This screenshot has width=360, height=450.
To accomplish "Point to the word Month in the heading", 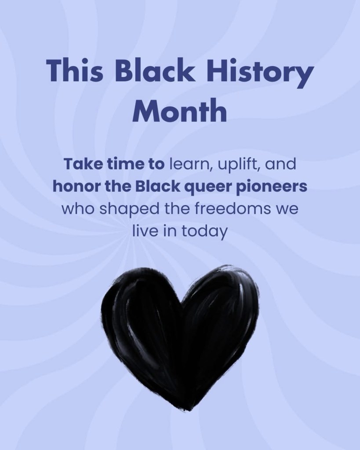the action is (x=180, y=110).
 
